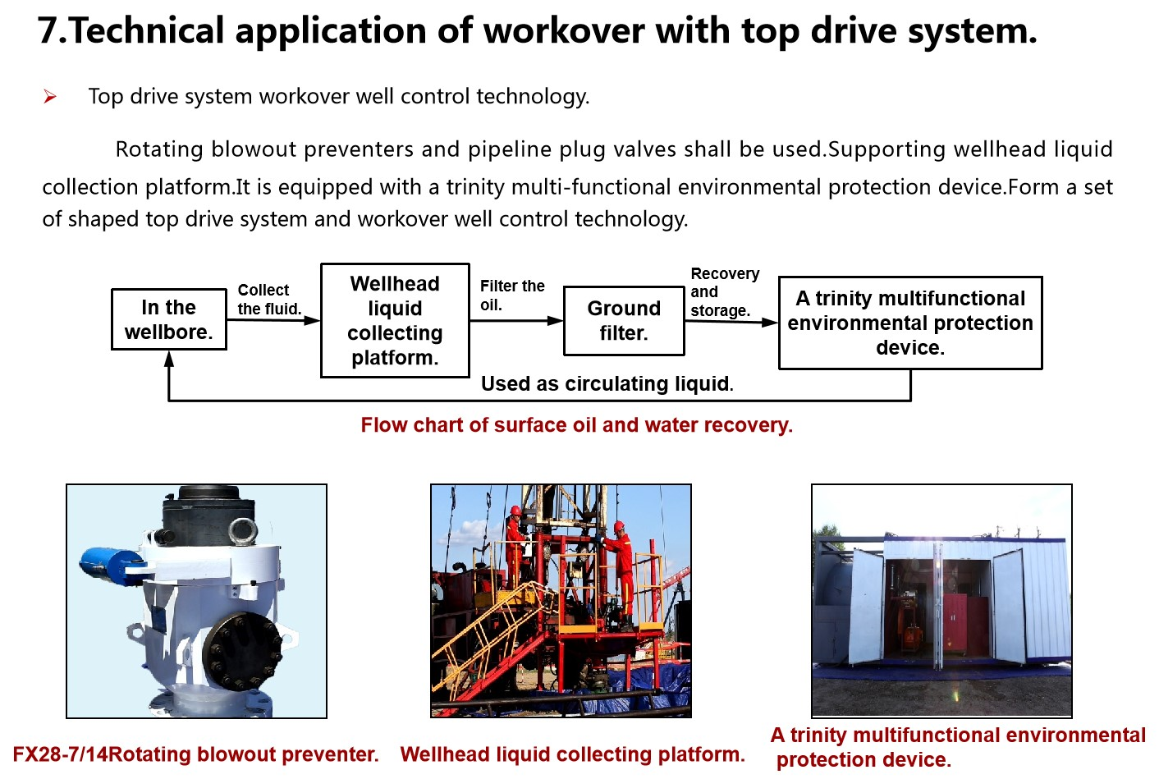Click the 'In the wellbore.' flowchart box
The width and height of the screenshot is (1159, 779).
[168, 319]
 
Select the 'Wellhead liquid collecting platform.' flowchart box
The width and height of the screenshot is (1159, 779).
[395, 320]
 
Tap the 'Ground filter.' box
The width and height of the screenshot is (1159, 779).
[624, 320]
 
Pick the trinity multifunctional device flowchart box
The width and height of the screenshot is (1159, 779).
[910, 323]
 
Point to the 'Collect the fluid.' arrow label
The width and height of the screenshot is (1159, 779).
[269, 300]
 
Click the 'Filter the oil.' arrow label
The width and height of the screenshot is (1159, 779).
[511, 296]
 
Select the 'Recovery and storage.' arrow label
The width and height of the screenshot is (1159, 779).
[724, 292]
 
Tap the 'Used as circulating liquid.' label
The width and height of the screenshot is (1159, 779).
[607, 384]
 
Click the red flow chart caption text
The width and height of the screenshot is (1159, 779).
[576, 425]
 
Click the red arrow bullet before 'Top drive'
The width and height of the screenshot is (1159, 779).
[50, 97]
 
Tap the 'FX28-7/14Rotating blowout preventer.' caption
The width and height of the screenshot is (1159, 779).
[195, 754]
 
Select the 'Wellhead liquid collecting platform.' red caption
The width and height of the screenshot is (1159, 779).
[572, 754]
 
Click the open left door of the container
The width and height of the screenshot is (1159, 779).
[866, 607]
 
